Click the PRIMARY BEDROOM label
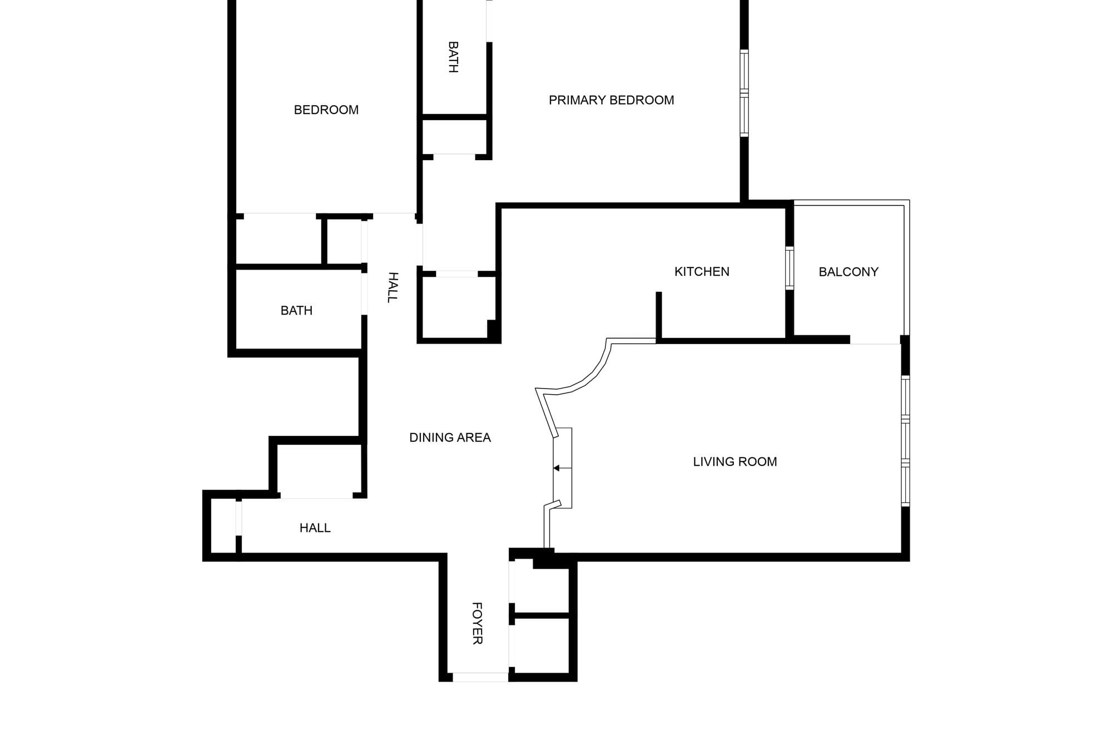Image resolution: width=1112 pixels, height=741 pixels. [x=611, y=100]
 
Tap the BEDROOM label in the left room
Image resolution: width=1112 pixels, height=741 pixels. [x=326, y=110]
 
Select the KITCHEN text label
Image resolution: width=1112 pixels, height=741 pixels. [x=702, y=272]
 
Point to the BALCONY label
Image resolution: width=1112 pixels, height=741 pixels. [x=848, y=272]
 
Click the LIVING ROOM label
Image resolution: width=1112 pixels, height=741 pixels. [x=734, y=461]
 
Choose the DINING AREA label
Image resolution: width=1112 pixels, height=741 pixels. [x=450, y=437]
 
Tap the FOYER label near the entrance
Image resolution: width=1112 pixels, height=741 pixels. [x=477, y=623]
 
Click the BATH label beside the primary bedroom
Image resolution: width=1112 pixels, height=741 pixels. [x=453, y=57]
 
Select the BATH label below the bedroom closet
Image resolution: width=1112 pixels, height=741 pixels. [x=296, y=311]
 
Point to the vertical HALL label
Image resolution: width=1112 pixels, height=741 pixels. [x=393, y=287]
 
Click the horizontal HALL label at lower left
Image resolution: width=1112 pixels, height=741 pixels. [x=315, y=528]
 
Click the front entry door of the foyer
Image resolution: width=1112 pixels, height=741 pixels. [x=480, y=677]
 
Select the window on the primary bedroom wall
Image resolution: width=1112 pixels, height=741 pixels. [x=744, y=93]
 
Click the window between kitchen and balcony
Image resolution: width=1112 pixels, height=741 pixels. [x=789, y=268]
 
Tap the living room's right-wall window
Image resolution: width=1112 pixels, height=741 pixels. [x=905, y=441]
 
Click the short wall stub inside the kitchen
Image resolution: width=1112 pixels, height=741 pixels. [x=659, y=315]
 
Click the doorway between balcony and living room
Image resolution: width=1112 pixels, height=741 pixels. [x=875, y=340]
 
